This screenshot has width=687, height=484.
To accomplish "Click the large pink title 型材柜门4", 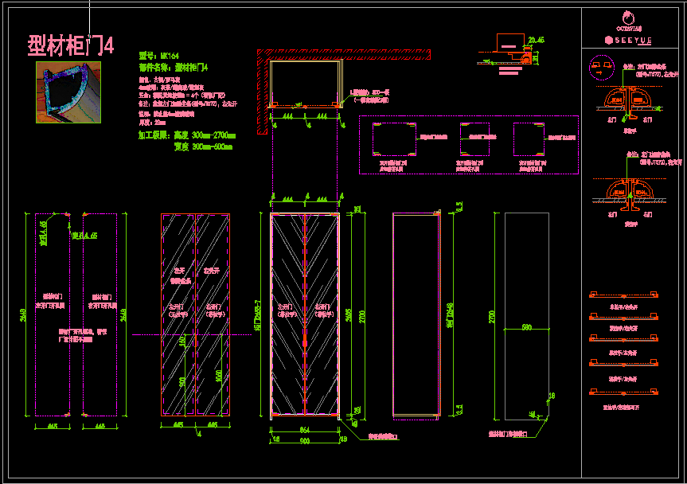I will click(x=71, y=45).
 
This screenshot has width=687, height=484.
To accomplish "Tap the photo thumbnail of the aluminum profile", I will click(x=69, y=92).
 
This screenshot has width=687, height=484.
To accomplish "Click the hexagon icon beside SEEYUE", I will click(x=609, y=39).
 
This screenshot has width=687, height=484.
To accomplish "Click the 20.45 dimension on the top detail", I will click(x=535, y=40).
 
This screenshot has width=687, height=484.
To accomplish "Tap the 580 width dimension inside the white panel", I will click(x=526, y=327).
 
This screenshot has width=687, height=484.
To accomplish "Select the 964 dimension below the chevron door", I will click(x=304, y=431).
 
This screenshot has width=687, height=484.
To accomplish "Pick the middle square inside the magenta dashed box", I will click(x=474, y=139).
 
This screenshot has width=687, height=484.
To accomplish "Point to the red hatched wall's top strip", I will click(x=342, y=53).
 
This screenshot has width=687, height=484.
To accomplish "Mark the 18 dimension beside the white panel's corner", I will click(x=552, y=395).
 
